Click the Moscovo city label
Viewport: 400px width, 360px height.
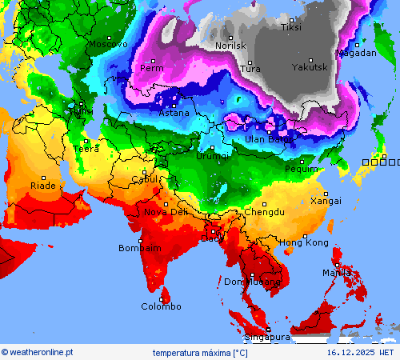107,44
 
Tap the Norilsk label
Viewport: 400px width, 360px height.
230,46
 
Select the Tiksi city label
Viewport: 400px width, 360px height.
291,27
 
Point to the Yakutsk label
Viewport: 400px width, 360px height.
310,67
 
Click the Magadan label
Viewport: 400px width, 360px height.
356,53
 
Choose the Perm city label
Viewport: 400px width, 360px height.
152,68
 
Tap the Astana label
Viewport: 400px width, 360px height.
174,113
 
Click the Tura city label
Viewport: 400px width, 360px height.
250,69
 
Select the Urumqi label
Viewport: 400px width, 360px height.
213,156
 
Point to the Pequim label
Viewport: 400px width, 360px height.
302,169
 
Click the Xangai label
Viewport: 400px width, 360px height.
326,201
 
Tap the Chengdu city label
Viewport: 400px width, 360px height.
264,212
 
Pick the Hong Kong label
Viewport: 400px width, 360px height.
303,242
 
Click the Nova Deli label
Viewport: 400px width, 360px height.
166,212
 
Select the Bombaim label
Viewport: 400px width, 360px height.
140,248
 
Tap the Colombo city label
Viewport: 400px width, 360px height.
161,306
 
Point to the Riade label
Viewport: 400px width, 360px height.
43,186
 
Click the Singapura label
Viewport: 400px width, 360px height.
266,338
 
